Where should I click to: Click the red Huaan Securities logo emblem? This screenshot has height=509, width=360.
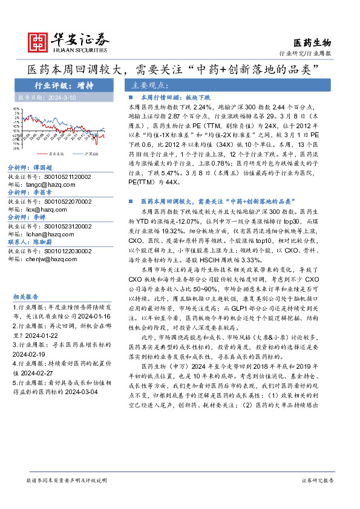pyautogui.click(x=41, y=41)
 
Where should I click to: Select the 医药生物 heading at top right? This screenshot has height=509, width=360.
pyautogui.click(x=312, y=42)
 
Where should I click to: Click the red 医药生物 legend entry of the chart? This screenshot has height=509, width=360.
pyautogui.click(x=56, y=154)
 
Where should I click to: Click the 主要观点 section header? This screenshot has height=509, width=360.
pyautogui.click(x=148, y=85)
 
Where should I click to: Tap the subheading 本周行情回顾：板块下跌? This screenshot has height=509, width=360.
pyautogui.click(x=175, y=97)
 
